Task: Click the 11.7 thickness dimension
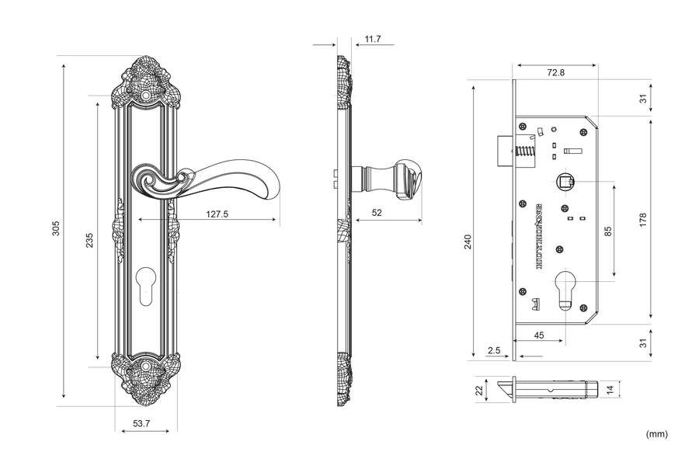pyautogui.click(x=372, y=38)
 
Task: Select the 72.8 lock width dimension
pyautogui.click(x=555, y=72)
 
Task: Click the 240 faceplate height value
pyautogui.click(x=468, y=242)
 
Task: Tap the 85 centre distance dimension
pyautogui.click(x=607, y=231)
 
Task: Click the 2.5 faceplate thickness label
pyautogui.click(x=493, y=350)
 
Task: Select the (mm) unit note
pyautogui.click(x=656, y=433)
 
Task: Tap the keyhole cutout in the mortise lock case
pyautogui.click(x=566, y=288)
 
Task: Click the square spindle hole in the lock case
pyautogui.click(x=566, y=183)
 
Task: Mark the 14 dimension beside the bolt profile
pyautogui.click(x=610, y=389)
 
